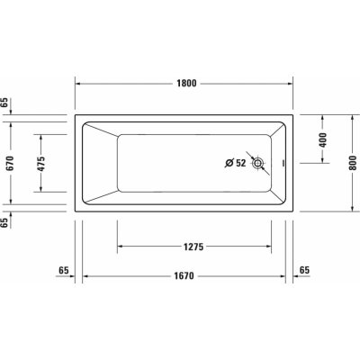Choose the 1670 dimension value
(x=186, y=278)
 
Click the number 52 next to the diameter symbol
(x=240, y=163)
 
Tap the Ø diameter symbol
(x=228, y=163)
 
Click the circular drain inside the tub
(x=259, y=164)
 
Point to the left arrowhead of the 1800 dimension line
(x=78, y=83)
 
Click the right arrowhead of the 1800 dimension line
(x=292, y=83)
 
